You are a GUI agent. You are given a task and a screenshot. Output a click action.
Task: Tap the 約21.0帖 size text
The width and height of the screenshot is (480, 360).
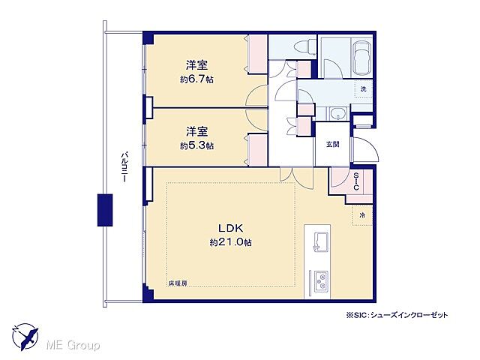point(230,242)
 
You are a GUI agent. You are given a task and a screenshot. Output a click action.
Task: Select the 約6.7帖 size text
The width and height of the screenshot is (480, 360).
point(197,79)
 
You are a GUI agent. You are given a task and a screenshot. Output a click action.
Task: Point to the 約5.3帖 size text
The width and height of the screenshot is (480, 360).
point(197,145)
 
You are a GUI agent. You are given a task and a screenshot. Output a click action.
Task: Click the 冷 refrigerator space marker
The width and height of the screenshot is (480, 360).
point(363,215)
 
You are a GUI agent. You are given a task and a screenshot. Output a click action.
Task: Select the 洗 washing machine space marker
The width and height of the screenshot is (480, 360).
point(363,89)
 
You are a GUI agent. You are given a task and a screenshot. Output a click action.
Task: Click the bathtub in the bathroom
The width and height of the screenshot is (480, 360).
point(360,57)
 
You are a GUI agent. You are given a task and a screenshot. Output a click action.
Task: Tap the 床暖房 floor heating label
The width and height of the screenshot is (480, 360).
point(178,283)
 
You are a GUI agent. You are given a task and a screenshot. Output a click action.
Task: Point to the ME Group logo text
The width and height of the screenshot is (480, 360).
point(73,345)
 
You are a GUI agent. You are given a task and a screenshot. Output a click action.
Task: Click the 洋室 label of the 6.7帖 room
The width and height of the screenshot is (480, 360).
point(197,65)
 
